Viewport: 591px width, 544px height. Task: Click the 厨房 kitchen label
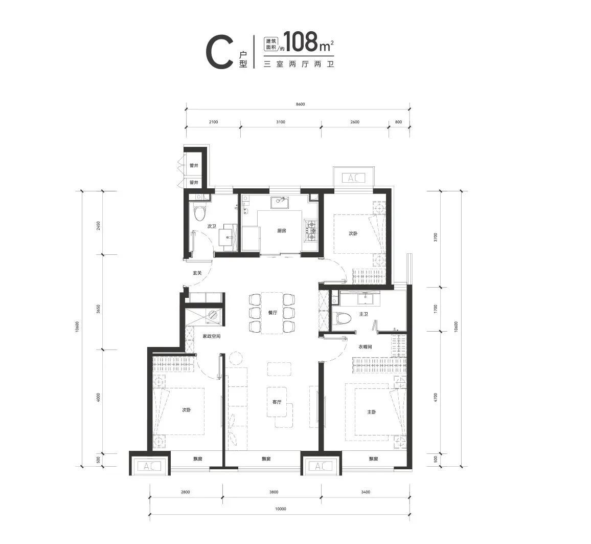281,231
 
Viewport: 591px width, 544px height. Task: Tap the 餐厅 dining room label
272,313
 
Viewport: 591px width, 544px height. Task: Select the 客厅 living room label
277,402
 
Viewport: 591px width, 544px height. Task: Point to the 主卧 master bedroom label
372,412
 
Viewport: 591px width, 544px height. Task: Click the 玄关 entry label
197,273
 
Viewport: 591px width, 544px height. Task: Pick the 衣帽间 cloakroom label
365,346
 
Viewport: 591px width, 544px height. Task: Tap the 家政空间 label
212,336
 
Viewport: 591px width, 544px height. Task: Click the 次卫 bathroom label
212,226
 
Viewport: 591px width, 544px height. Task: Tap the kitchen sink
280,202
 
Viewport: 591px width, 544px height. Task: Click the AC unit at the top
354,177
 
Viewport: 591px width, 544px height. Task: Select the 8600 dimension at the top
301,104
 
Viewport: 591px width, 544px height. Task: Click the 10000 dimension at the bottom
281,509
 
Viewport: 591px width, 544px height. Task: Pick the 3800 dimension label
274,492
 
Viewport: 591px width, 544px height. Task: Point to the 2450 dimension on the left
98,226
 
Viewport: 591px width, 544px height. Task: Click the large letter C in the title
219,52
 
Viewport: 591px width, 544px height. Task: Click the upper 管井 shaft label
194,166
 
